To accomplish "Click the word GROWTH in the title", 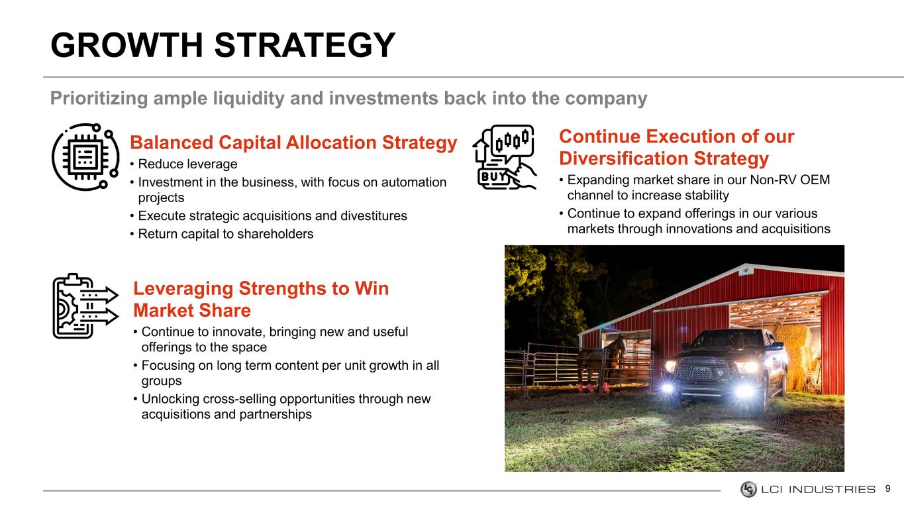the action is [x=126, y=45].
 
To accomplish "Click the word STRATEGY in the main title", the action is [x=305, y=45].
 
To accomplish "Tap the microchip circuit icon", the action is [x=85, y=156].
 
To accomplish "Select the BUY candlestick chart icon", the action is [x=505, y=156].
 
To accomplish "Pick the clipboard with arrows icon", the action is [x=85, y=306].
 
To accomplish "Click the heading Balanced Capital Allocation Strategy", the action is [x=293, y=142].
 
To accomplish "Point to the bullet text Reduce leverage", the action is [x=187, y=164].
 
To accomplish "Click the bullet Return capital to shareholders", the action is [x=226, y=234].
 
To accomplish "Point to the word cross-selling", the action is [x=239, y=399].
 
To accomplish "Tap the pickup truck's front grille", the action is [x=703, y=368].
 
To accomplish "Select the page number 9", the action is [x=888, y=489].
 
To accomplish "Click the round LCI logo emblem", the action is [x=748, y=490].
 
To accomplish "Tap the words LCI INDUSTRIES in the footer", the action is [x=818, y=490].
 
